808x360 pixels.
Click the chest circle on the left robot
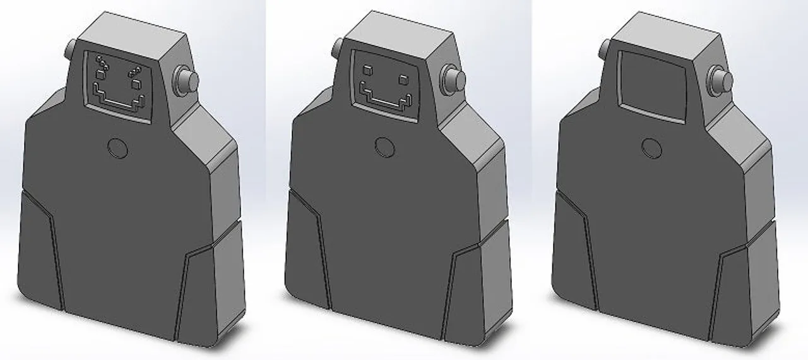pyautogui.click(x=117, y=148)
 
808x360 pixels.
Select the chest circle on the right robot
pyautogui.click(x=652, y=147)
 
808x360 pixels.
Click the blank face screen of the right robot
pyautogui.click(x=652, y=86)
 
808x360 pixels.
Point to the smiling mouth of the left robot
pyautogui.click(x=119, y=101)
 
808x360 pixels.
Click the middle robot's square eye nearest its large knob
pyautogui.click(x=403, y=79)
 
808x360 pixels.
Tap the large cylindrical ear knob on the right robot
pyautogui.click(x=720, y=78)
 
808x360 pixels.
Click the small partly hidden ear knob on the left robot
pyautogui.click(x=70, y=47)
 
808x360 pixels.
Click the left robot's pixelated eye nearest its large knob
pyautogui.click(x=135, y=76)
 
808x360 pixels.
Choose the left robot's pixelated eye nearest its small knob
pyautogui.click(x=100, y=67)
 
